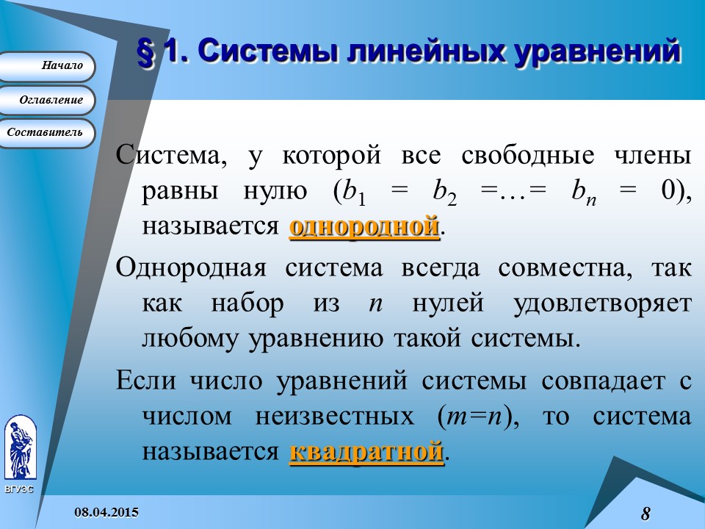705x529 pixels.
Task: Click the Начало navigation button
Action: pyautogui.click(x=48, y=66)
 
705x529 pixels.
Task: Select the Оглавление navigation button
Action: pyautogui.click(x=48, y=100)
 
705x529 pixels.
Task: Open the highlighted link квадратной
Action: pyautogui.click(x=366, y=451)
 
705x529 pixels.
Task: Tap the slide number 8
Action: pyautogui.click(x=646, y=513)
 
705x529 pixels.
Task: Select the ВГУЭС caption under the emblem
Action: pyautogui.click(x=19, y=489)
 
